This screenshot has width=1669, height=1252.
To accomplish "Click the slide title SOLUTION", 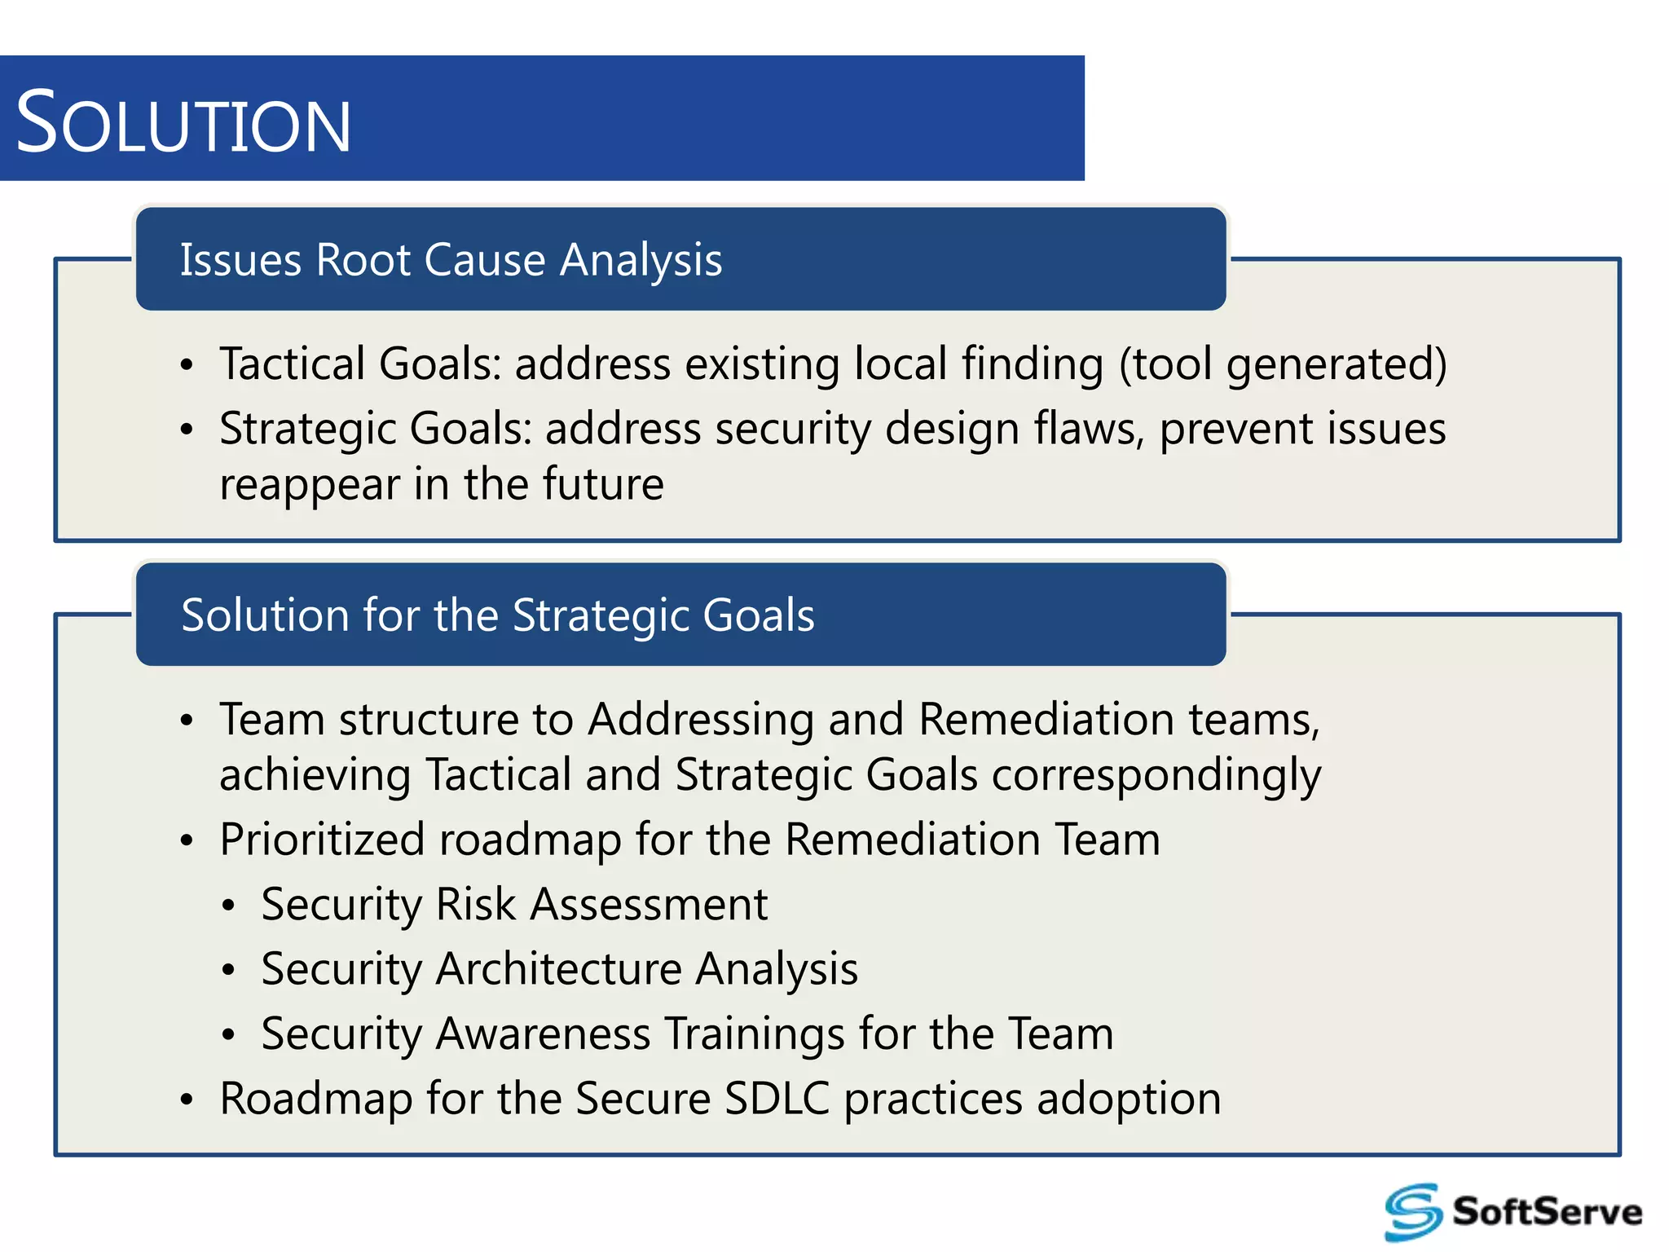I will tap(183, 123).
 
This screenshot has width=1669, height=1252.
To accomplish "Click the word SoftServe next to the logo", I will tap(1547, 1211).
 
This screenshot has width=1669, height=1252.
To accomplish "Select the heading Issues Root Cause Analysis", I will tap(451, 260).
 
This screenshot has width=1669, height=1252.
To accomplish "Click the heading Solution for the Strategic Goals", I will tap(497, 615).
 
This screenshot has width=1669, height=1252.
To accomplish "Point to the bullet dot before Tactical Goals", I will tap(187, 365).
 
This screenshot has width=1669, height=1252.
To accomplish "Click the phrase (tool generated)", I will tap(1283, 364).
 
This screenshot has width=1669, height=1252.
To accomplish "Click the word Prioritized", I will tap(323, 840).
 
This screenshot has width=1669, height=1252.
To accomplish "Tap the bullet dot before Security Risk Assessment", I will tap(228, 906).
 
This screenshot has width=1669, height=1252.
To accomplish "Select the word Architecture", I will tap(558, 968).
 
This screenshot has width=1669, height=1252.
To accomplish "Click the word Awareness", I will tap(543, 1034).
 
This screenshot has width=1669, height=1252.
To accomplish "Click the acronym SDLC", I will tap(777, 1098).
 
